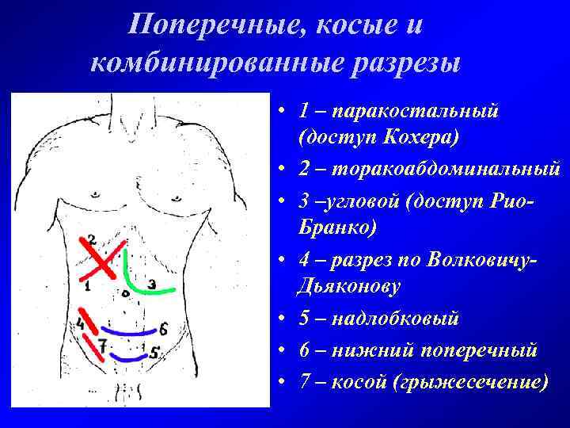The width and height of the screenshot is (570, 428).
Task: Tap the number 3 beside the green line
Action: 152,283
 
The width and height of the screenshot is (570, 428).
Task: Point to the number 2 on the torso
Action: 92,239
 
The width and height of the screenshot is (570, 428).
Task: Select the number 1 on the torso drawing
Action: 86,287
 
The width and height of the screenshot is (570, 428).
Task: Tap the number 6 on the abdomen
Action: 162,327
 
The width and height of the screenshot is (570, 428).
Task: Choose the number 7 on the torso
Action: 101,346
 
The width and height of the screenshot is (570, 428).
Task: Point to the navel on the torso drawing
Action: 125,292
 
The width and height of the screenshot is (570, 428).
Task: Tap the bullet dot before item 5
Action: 283,319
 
